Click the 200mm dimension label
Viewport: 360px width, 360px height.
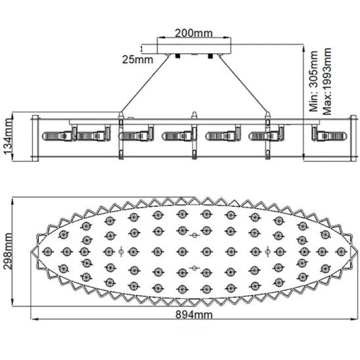194,33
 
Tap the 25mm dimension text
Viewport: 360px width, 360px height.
137,60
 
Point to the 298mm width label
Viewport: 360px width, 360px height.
7,251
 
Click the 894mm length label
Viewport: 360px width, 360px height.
194,314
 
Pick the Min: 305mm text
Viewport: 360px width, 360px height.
313,81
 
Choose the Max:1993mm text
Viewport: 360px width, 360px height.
327,81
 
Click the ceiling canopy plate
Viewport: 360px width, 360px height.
194,49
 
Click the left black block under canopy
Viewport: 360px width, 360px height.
177,56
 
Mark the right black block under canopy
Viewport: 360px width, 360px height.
210,56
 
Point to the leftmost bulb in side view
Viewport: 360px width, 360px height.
57,136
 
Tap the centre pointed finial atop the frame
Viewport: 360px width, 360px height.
194,115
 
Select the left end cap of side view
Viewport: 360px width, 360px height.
35,138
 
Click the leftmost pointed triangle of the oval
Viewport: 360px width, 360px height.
35,252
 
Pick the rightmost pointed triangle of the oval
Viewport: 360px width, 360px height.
353,252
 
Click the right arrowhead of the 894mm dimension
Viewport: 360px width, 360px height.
354,319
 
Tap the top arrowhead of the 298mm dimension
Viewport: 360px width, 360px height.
12,202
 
